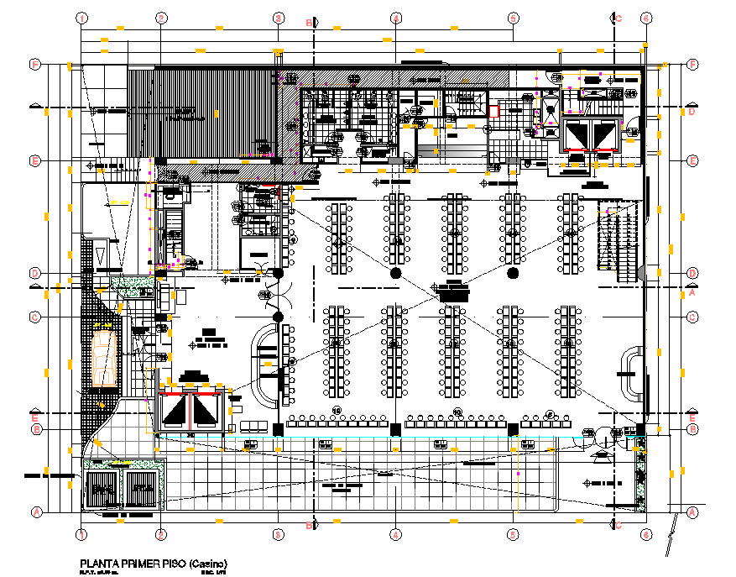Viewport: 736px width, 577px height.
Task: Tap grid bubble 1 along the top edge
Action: pyautogui.click(x=82, y=17)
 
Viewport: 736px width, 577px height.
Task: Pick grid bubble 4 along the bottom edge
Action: pyautogui.click(x=394, y=534)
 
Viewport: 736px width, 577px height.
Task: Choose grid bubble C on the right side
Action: pyautogui.click(x=692, y=317)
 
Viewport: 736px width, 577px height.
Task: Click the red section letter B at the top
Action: pyautogui.click(x=308, y=22)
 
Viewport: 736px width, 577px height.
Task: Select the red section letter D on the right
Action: pyautogui.click(x=692, y=112)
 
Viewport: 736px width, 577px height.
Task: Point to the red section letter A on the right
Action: pyautogui.click(x=693, y=294)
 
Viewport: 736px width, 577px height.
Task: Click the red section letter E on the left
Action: pyautogui.click(x=34, y=417)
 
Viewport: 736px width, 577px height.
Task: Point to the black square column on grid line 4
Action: pyautogui.click(x=394, y=429)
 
